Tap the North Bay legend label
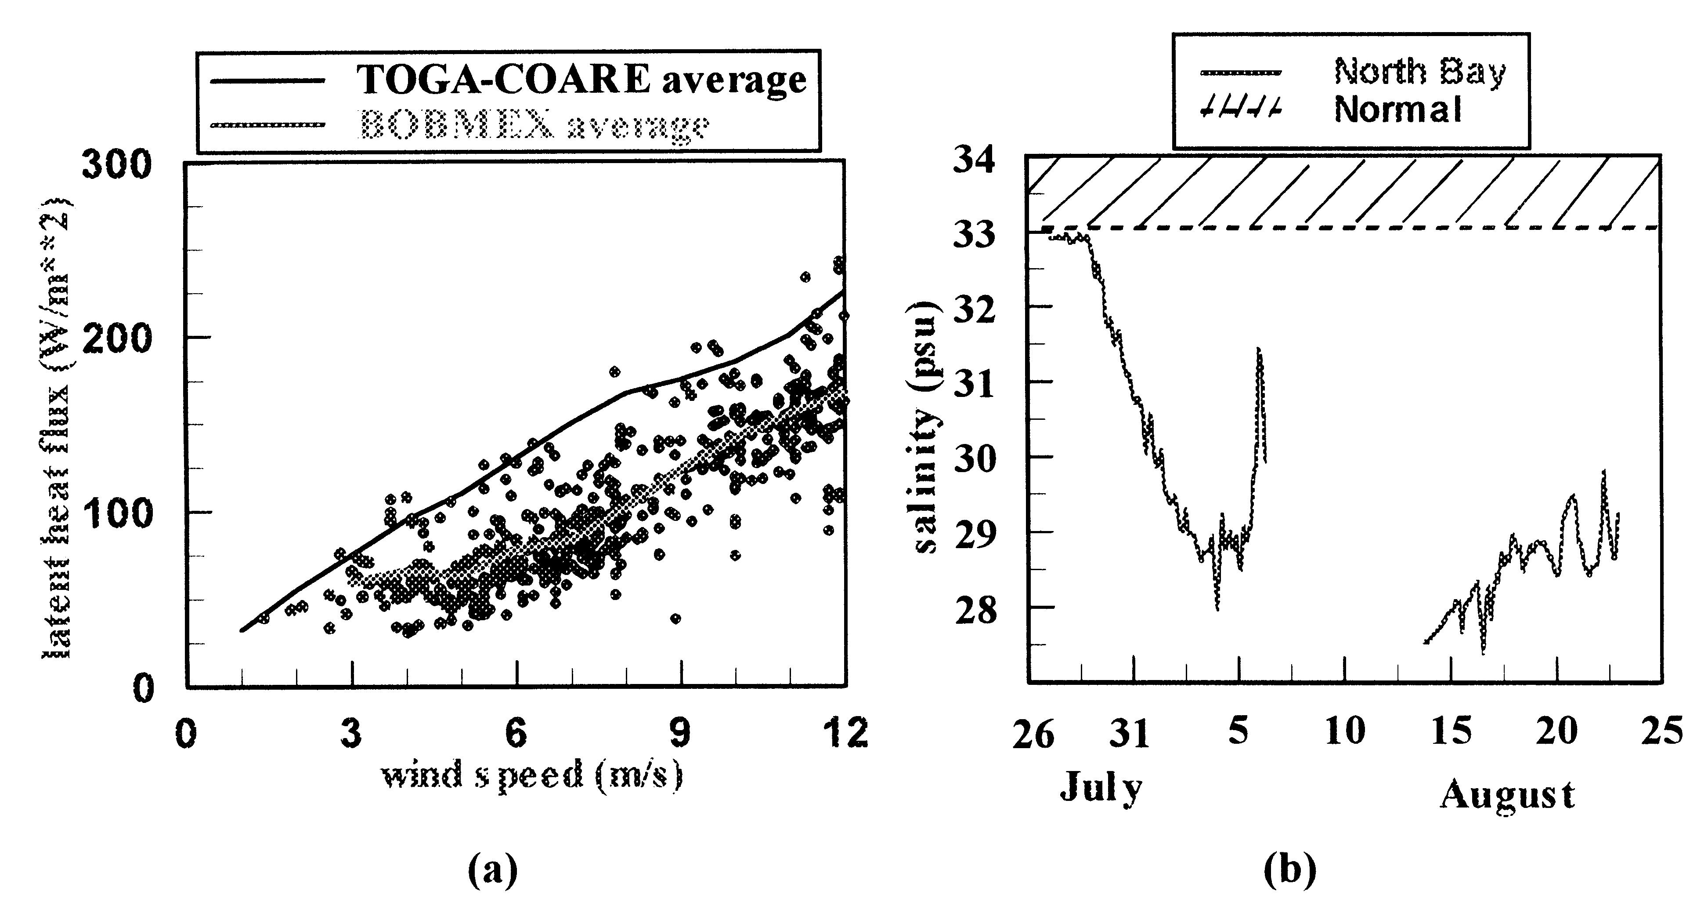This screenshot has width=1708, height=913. pos(1419,72)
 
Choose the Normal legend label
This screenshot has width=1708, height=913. pos(1397,109)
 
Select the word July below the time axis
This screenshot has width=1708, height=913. pos(1101,788)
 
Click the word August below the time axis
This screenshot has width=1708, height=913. pos(1507,794)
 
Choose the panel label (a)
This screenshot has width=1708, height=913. pos(492,869)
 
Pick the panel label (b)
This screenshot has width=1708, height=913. pos(1289,869)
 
